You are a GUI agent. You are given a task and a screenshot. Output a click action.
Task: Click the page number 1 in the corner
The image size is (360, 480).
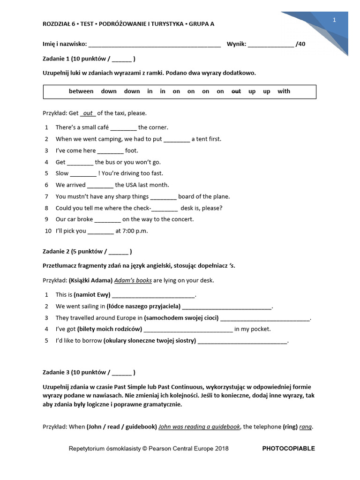coord(334,20)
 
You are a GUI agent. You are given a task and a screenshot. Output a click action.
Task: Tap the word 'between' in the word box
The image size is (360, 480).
coord(81,91)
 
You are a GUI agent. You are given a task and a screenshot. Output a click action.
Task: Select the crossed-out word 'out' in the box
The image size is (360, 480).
coord(237,91)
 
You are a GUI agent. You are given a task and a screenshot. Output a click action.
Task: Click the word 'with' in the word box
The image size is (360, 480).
coord(284,91)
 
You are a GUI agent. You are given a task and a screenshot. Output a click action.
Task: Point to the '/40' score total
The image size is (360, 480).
coord(301,44)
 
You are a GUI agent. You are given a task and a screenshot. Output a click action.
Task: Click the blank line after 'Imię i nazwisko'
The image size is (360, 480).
coord(154,45)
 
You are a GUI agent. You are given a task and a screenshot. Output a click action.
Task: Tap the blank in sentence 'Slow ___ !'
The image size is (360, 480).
coord(83,173)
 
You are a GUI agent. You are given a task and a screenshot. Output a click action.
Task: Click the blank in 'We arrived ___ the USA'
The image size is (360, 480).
coord(100,185)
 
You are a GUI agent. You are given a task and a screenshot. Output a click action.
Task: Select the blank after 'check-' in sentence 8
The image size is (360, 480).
coord(165,208)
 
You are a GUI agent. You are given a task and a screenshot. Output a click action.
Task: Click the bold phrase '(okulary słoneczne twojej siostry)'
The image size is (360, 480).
coord(150,341)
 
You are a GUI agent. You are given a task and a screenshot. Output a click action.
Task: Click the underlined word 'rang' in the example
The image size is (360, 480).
coord(306,427)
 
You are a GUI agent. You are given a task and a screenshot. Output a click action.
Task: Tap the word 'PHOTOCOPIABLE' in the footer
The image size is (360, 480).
coord(288,449)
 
